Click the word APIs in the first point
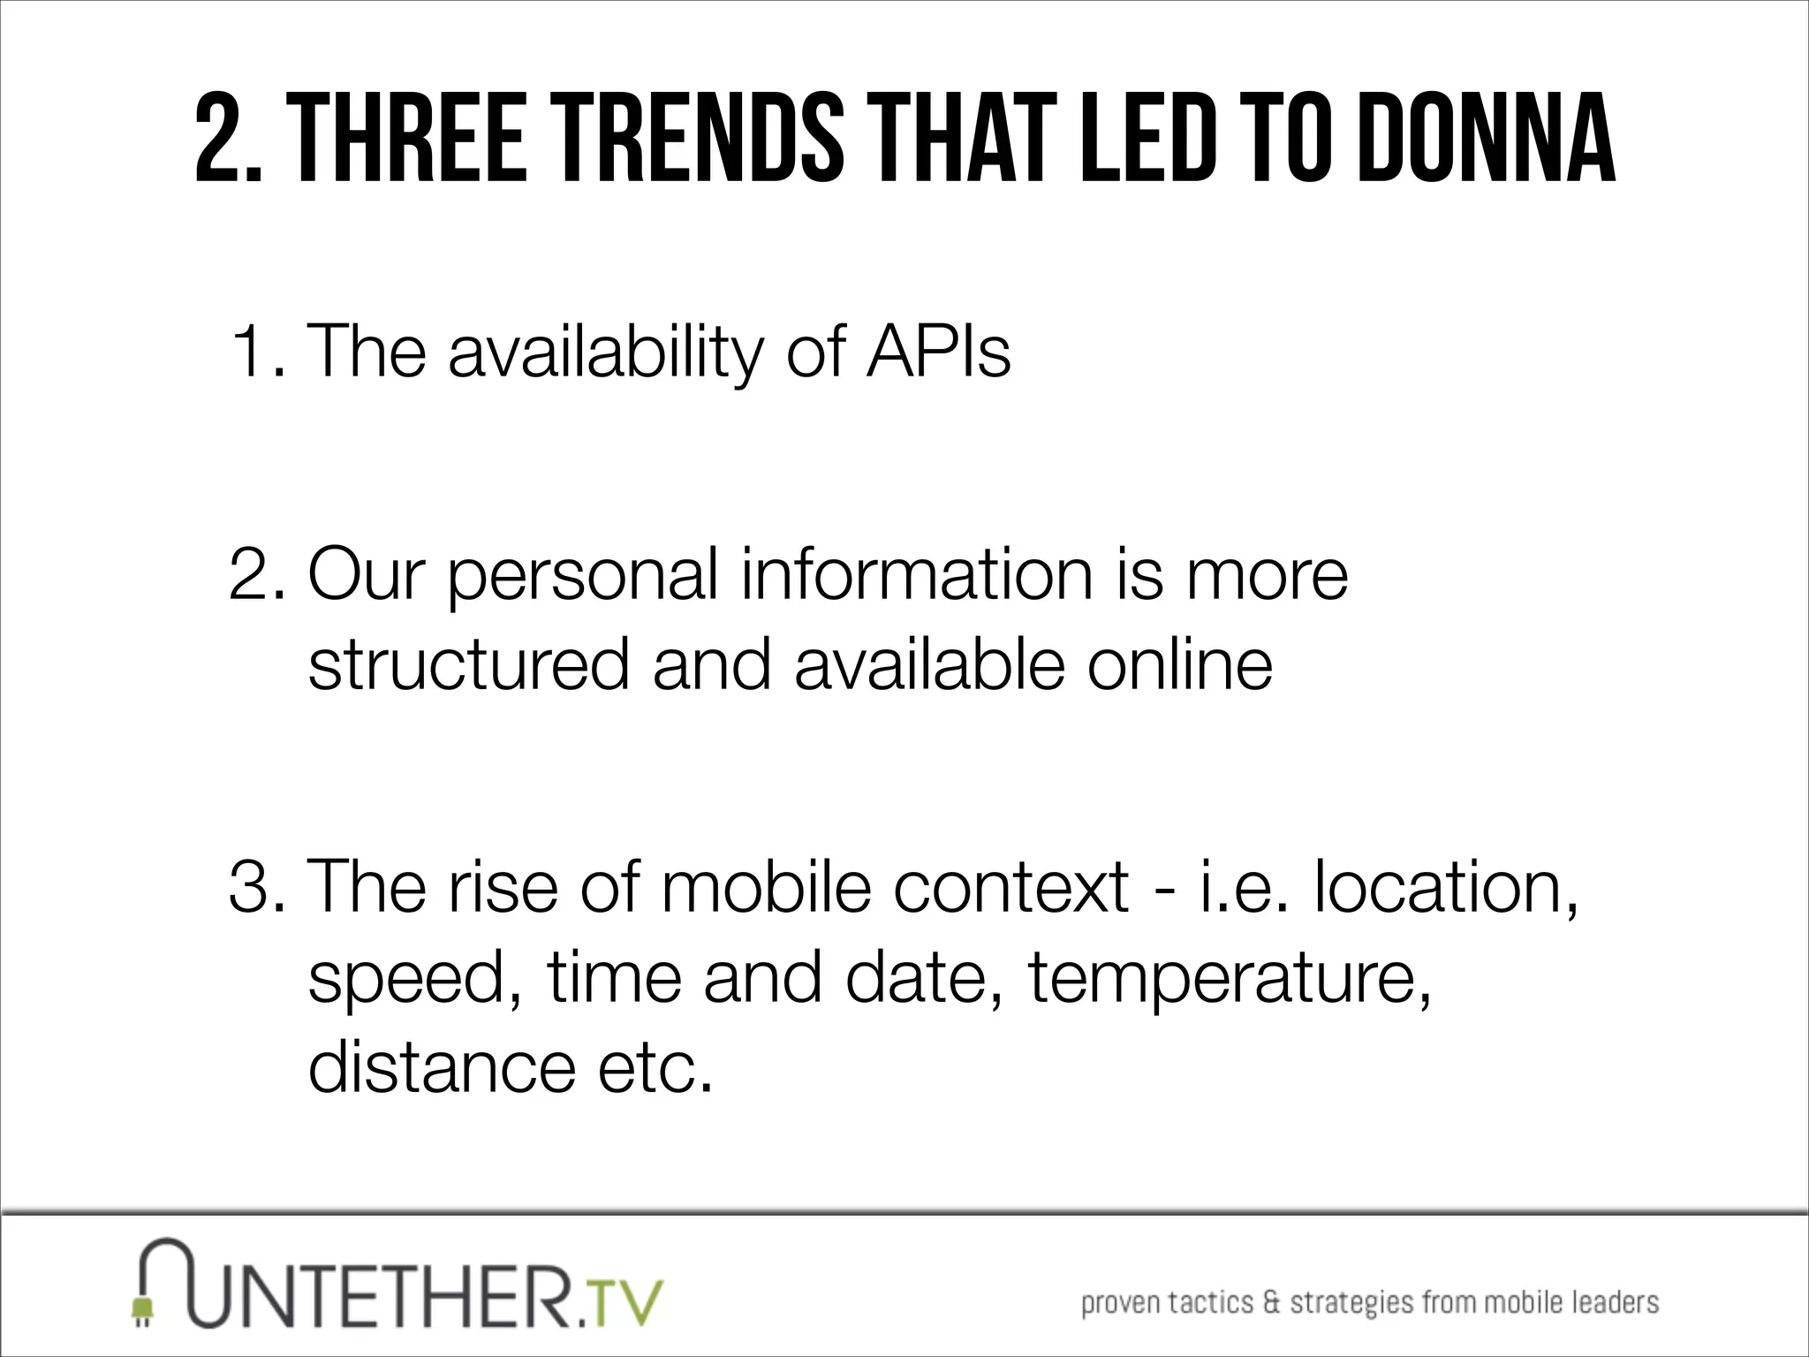938,352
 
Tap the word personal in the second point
583,576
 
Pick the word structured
469,664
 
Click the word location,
1445,886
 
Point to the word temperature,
1229,979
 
